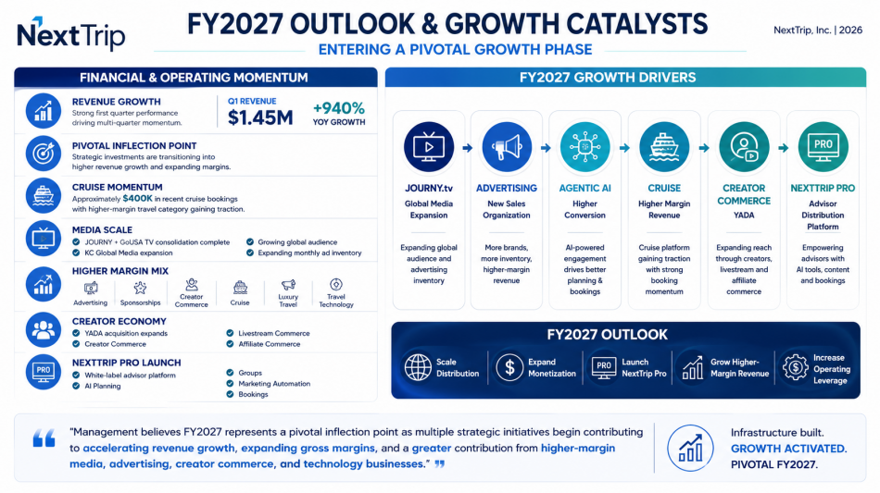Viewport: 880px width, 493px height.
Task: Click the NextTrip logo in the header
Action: [70, 34]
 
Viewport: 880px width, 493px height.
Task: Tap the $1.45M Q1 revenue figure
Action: [260, 117]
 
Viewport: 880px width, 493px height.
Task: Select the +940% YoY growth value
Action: [339, 107]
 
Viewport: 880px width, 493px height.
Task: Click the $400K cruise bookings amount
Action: [137, 198]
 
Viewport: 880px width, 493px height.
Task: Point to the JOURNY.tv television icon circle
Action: [429, 147]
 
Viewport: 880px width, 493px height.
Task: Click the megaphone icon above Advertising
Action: [507, 147]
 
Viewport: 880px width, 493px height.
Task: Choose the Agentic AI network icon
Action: [585, 147]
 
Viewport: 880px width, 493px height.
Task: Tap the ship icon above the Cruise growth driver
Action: [664, 147]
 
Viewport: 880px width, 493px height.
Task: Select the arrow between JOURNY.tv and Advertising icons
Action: [468, 148]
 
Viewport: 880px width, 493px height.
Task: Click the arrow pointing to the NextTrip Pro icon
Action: [784, 148]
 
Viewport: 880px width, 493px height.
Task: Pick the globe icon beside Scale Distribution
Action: [418, 367]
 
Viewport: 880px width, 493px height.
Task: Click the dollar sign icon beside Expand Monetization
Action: [509, 367]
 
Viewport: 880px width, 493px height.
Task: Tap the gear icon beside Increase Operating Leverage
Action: [796, 368]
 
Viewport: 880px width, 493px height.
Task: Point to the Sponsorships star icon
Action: [140, 288]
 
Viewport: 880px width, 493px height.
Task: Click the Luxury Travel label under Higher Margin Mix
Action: [288, 301]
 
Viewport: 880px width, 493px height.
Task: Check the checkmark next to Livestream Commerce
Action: [230, 333]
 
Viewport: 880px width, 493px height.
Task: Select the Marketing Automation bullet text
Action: [274, 384]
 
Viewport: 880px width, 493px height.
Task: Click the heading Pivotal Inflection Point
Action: [134, 145]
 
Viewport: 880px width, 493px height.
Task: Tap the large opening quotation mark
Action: [44, 438]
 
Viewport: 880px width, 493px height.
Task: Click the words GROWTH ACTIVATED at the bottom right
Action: [788, 449]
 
